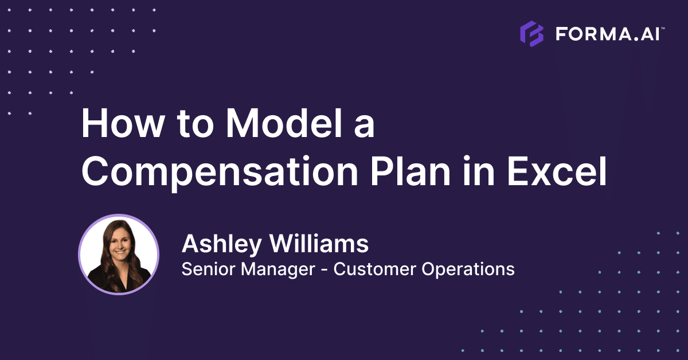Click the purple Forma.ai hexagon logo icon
531,34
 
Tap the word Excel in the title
557,172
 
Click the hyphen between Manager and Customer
325,269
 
